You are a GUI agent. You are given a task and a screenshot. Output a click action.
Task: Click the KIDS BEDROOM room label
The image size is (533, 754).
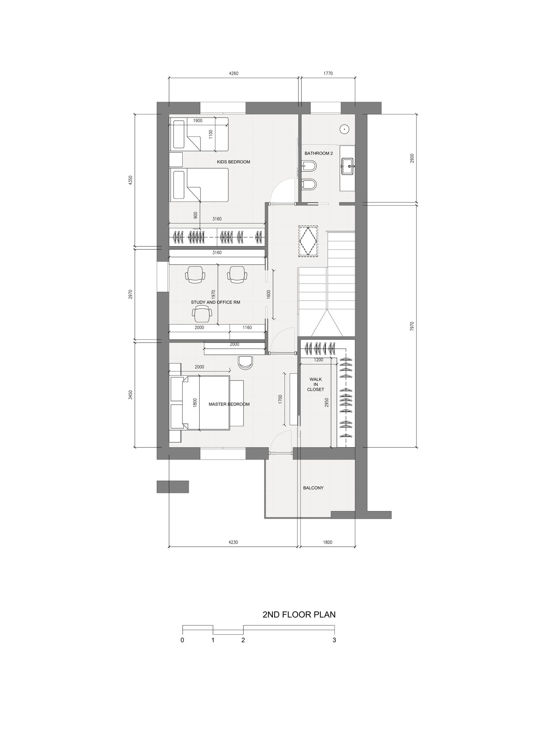[233, 162]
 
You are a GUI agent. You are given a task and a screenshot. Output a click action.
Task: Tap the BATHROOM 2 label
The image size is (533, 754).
[319, 153]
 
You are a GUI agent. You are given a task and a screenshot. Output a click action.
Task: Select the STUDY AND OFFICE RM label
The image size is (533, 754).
[215, 302]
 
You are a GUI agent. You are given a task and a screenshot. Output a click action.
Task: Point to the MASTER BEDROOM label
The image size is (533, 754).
[229, 404]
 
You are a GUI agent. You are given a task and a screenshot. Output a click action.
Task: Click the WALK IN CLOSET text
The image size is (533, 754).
[316, 384]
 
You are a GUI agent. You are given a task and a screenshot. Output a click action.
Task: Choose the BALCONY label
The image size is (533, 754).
[313, 488]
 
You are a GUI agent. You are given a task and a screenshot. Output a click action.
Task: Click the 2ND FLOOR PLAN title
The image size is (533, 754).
[299, 624]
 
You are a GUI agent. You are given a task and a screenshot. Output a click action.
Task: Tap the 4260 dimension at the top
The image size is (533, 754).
[233, 74]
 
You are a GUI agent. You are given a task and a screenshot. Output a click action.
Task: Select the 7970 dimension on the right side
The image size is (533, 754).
[412, 326]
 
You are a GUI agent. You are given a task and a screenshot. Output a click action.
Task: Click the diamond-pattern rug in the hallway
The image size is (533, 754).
[308, 240]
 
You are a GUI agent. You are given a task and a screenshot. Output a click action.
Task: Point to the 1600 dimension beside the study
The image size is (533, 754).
[269, 294]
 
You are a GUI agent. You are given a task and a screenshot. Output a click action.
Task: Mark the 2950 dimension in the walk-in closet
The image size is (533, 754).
[327, 402]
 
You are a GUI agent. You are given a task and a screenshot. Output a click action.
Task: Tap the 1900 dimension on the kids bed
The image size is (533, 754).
[198, 121]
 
